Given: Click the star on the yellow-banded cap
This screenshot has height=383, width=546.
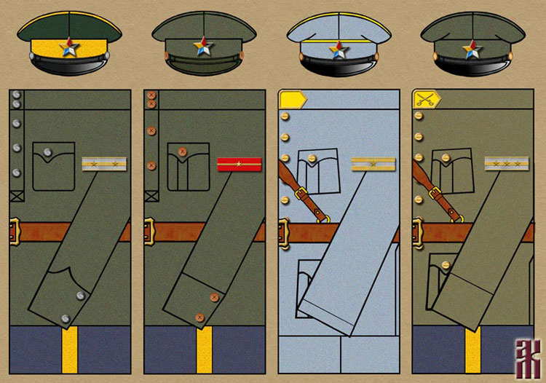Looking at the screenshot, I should click(71, 49).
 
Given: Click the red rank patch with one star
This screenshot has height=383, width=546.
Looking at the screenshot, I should click(240, 165).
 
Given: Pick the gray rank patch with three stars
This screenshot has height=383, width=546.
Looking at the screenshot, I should click(507, 165).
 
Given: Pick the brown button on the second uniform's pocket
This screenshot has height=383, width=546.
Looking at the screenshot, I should click(183, 152).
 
